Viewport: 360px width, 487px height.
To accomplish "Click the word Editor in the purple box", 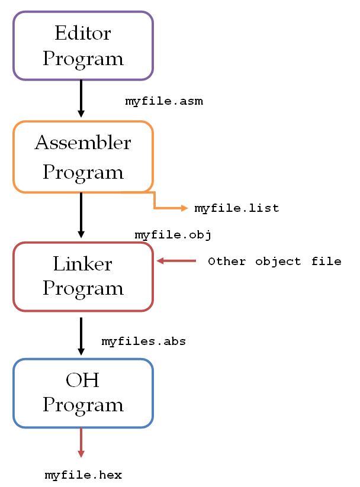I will (x=82, y=33).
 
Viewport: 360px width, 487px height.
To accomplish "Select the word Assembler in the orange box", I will (x=83, y=143).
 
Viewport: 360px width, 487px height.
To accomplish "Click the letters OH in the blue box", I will (x=82, y=379).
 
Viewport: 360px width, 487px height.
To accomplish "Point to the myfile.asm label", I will (x=164, y=101).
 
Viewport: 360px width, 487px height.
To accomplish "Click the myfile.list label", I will (x=236, y=208).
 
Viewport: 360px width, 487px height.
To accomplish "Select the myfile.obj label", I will (x=173, y=235).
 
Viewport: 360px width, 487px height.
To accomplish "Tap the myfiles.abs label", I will (x=144, y=341).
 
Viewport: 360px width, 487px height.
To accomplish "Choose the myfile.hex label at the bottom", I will (x=83, y=475).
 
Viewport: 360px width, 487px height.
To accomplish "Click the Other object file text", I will (x=274, y=262).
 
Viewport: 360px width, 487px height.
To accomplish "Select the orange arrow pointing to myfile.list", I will (x=172, y=208).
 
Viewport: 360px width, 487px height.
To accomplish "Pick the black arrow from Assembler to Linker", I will (x=81, y=216).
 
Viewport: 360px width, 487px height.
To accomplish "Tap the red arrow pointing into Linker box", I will (x=176, y=260).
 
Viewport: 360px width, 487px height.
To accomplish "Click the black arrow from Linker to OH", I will (x=81, y=334).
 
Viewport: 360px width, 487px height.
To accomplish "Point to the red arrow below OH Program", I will (x=81, y=443).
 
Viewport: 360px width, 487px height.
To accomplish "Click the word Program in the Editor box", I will (x=83, y=59).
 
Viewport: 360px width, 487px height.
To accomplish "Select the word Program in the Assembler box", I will (x=83, y=172).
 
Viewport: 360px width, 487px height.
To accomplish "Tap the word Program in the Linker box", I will (x=83, y=288).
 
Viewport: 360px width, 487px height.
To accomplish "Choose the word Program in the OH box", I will (x=83, y=405).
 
